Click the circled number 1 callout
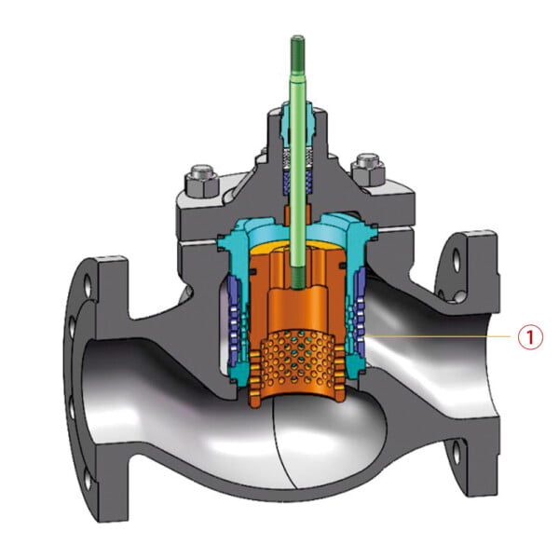pos(529,336)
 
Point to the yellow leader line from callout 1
pos(438,335)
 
